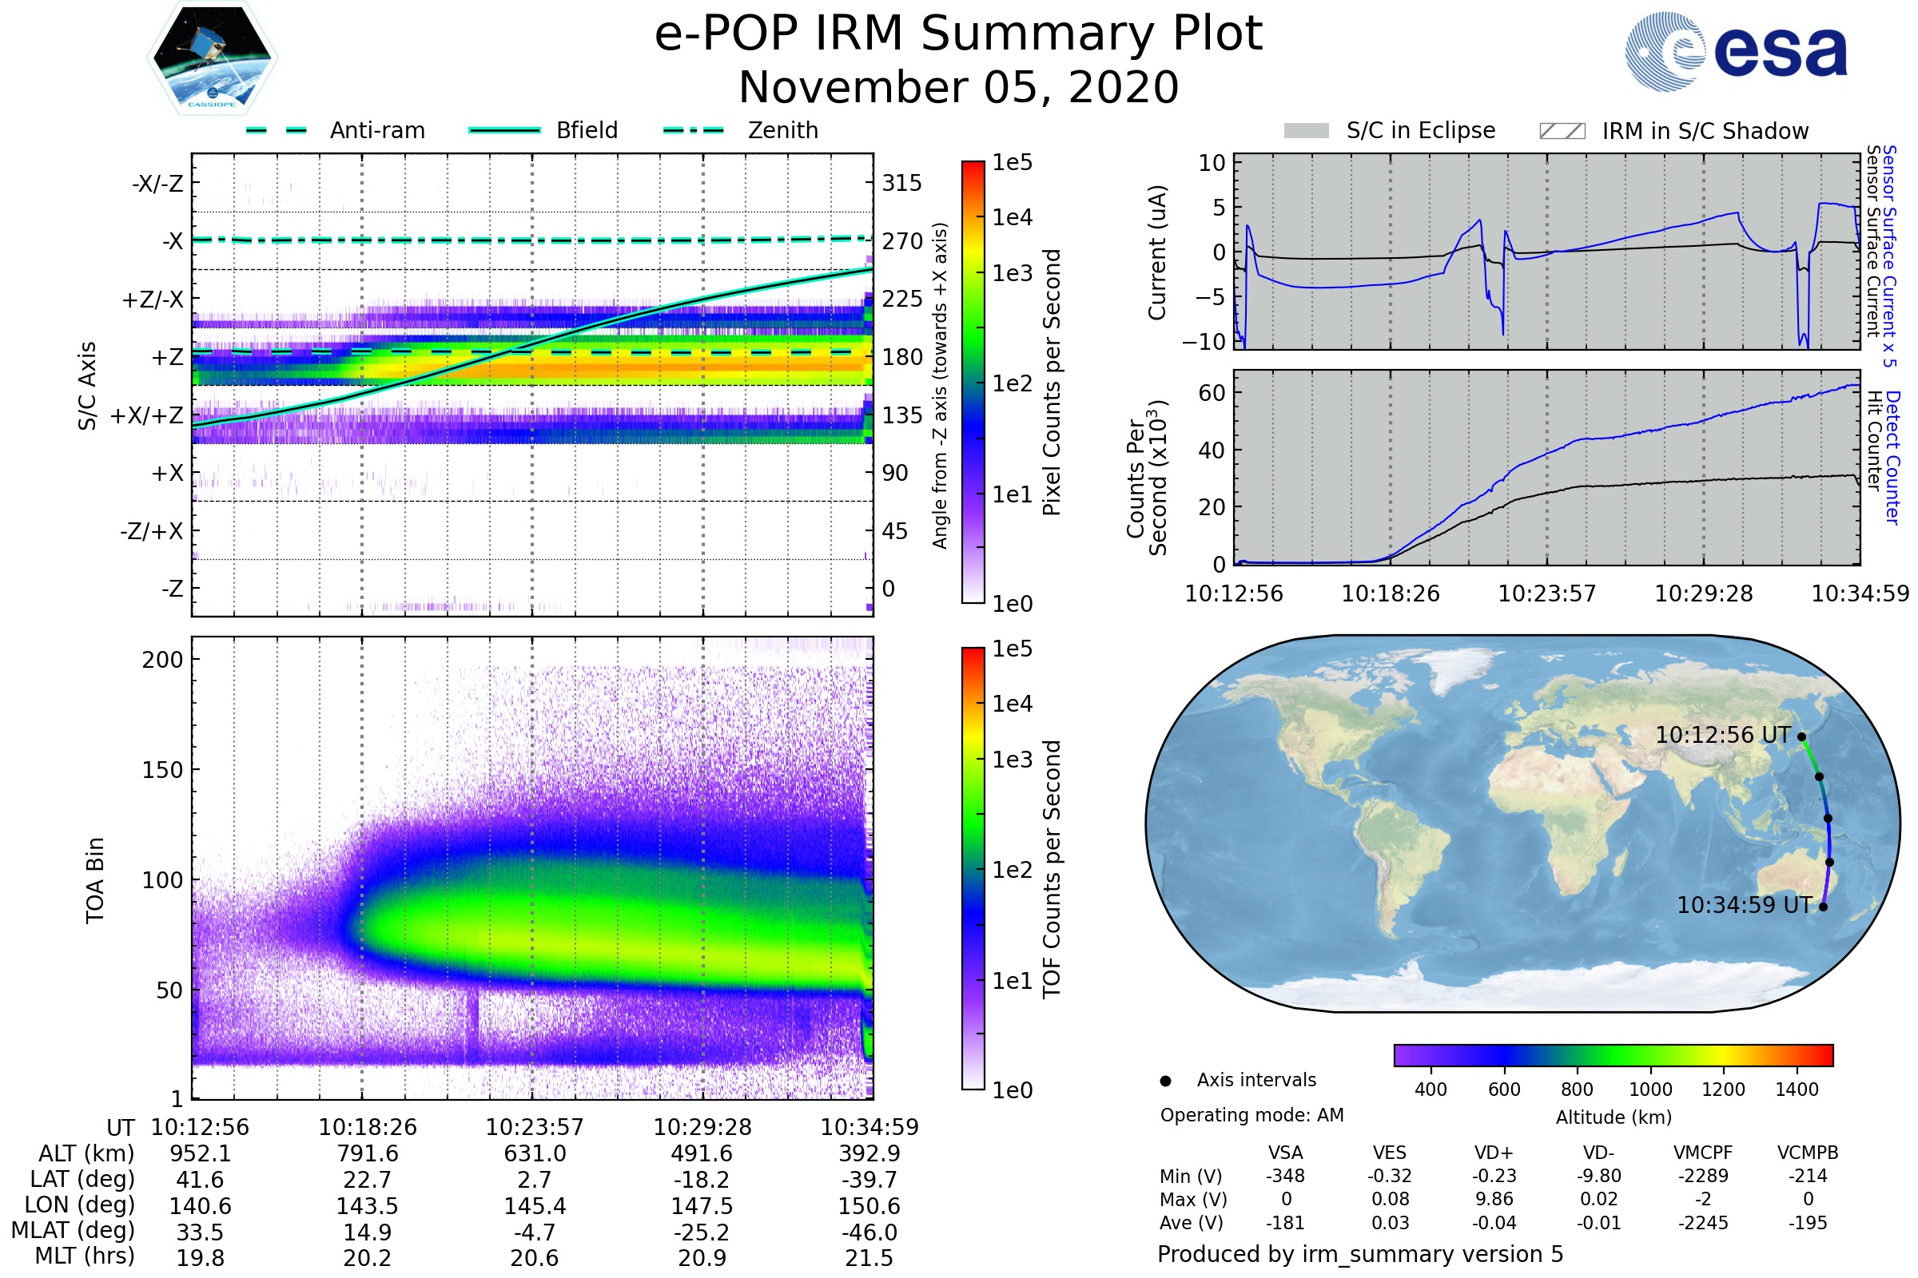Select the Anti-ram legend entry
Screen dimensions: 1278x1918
(336, 130)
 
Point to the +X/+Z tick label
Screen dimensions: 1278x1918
(147, 415)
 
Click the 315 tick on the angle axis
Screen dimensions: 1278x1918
(902, 183)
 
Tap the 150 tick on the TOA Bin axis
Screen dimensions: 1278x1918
(162, 770)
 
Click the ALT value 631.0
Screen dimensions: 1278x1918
(534, 1154)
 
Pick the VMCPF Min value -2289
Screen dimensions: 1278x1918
(1703, 1176)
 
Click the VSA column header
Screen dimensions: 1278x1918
(1285, 1153)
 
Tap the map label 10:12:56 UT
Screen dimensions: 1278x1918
(1722, 735)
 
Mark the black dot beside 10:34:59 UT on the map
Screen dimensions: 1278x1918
(1824, 907)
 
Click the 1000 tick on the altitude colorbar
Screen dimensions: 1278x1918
(1649, 1089)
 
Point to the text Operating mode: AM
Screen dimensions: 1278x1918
(1251, 1115)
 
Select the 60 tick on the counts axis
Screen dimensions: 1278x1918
(1212, 393)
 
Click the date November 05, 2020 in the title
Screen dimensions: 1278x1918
(958, 88)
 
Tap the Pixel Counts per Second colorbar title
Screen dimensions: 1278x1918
(1052, 383)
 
